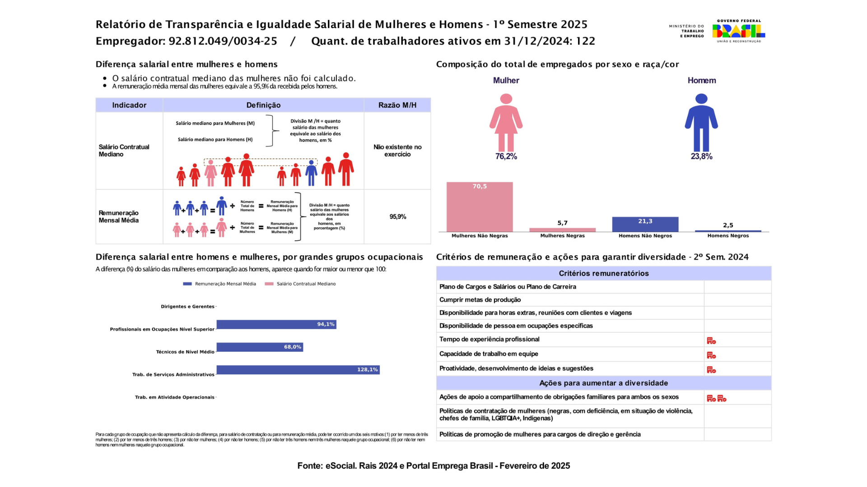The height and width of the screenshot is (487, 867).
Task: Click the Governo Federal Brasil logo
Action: (x=738, y=31)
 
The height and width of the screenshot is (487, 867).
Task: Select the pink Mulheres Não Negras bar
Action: (x=480, y=207)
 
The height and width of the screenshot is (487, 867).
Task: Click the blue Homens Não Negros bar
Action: (x=645, y=224)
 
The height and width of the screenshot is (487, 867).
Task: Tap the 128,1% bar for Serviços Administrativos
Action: (x=298, y=370)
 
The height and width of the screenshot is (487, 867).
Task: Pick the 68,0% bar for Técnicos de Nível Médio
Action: (x=260, y=347)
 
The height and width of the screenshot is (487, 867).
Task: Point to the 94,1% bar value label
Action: (x=326, y=324)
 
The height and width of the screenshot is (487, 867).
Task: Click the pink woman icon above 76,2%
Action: (x=506, y=122)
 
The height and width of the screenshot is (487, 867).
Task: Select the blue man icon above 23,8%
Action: (x=701, y=122)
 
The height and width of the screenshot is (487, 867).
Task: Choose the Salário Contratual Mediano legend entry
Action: (x=300, y=284)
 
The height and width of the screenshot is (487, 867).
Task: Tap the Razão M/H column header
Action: (x=397, y=105)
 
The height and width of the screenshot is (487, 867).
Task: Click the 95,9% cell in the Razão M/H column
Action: (x=398, y=217)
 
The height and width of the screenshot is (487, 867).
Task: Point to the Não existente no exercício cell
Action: (x=397, y=151)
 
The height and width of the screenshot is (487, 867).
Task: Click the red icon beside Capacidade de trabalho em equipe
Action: (x=711, y=355)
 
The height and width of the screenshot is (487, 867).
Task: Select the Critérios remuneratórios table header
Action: (x=603, y=273)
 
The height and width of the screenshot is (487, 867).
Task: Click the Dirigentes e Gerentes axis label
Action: (x=187, y=307)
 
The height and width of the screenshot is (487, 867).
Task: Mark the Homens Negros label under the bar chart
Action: (x=728, y=236)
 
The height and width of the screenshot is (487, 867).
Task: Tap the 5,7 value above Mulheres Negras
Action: (x=562, y=223)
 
